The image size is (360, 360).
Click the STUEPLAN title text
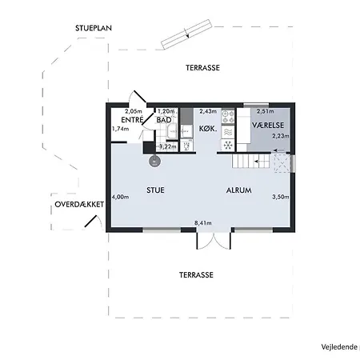coord(93,28)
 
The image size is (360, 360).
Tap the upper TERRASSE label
coord(199,68)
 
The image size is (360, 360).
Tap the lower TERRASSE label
coord(196,274)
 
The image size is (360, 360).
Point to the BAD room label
coord(163,120)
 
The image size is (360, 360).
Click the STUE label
coord(156,190)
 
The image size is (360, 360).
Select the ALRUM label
coord(238,190)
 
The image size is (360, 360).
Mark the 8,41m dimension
coord(205,223)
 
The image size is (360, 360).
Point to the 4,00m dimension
coord(120,197)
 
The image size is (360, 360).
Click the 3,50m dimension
coord(281,197)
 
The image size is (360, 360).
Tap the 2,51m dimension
coord(265,112)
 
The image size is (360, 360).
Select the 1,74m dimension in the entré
coord(121,129)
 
